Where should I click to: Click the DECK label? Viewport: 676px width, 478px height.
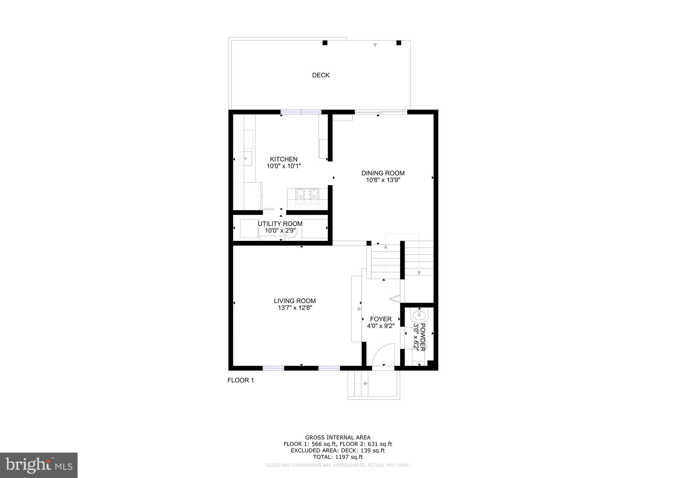coord(321,75)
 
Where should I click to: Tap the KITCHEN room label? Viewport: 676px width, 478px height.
coord(284,159)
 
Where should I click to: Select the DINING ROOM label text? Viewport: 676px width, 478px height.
coord(383,173)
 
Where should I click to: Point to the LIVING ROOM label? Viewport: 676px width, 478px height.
coord(295,301)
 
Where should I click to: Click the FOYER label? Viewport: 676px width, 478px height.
coord(381,319)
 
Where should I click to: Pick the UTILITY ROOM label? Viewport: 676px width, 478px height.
coord(280,224)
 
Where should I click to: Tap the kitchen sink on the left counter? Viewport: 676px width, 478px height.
coord(245,158)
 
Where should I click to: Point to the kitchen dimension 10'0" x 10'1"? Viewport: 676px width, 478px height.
coord(284,166)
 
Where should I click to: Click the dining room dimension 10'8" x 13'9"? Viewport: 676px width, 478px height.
coord(383,180)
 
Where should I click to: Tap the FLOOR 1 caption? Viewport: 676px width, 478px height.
coord(241,380)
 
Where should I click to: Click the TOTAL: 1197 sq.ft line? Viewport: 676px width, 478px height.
coord(338,457)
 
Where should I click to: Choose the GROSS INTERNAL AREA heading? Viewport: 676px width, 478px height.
coord(338,438)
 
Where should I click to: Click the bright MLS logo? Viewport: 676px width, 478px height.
coord(39,465)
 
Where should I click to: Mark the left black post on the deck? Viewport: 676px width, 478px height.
coord(325,43)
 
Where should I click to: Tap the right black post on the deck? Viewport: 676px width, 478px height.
coord(399,43)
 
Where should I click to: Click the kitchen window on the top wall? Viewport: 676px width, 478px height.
coord(301,112)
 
